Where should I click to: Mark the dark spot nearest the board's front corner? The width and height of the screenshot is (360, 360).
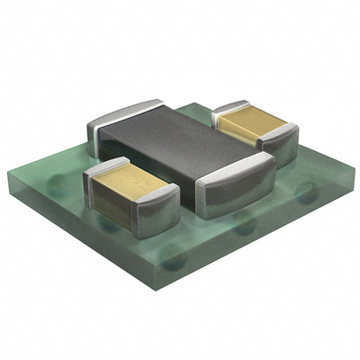point(174,261)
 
